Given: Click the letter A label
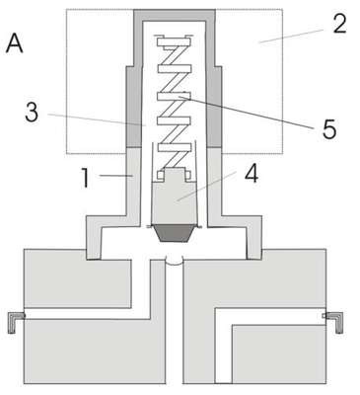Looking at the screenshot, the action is (15, 42).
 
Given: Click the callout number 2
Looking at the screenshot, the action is (339, 24).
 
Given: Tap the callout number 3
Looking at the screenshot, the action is (32, 113).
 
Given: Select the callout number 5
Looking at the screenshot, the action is (329, 129).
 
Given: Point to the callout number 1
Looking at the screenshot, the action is (85, 178).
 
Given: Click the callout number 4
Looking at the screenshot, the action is (252, 174).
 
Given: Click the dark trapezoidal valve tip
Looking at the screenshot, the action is (174, 233).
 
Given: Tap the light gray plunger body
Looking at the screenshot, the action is (174, 197).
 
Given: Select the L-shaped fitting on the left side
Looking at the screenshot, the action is (16, 322).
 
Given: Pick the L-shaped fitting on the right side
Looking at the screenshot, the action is (333, 322).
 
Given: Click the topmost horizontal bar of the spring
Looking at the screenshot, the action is (174, 42).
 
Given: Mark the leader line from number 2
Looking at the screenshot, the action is (291, 37).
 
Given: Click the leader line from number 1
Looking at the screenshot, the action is (116, 177).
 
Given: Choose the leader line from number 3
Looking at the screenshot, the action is (97, 119).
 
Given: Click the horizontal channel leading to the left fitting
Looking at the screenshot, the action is (87, 314).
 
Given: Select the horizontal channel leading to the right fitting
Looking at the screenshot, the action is (270, 316).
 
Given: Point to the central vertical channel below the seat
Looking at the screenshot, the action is (174, 324).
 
